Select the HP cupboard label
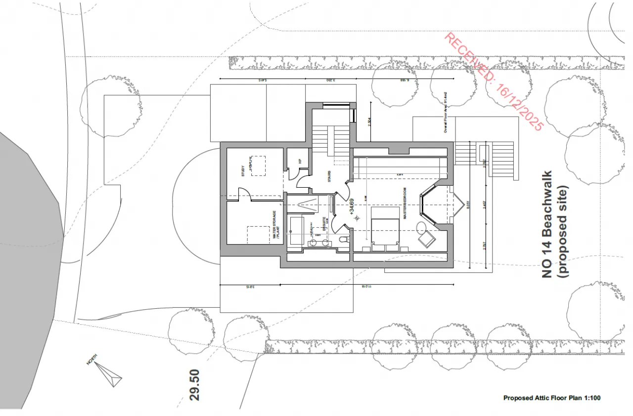tap(299, 161)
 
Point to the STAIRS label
tap(329, 176)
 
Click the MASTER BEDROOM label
tap(405, 203)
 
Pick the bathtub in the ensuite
tap(296, 230)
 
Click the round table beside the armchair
tap(422, 227)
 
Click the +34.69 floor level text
tap(352, 207)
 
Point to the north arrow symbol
tap(108, 374)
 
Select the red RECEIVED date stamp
tap(493, 82)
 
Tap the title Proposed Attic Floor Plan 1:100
tap(552, 398)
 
